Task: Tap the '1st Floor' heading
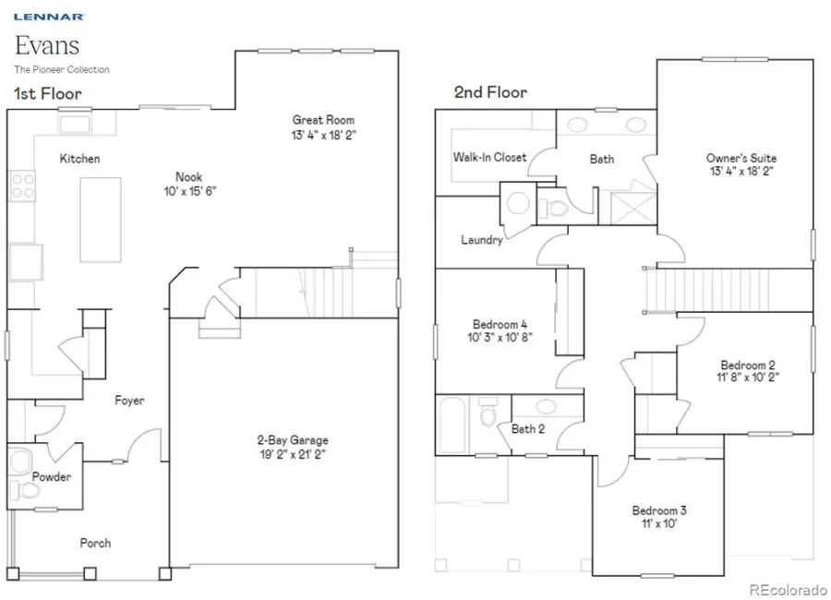click(47, 93)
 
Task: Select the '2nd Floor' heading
click(489, 92)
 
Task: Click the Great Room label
click(323, 120)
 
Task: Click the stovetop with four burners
click(22, 186)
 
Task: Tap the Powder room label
click(52, 477)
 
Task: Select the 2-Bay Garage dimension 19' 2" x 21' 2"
click(292, 454)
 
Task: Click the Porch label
click(95, 543)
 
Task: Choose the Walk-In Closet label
click(489, 157)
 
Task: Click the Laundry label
click(482, 240)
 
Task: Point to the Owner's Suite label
click(741, 158)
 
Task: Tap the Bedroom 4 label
click(500, 324)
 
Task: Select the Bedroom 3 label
click(659, 510)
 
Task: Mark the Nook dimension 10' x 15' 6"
click(190, 191)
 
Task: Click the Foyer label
click(129, 401)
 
